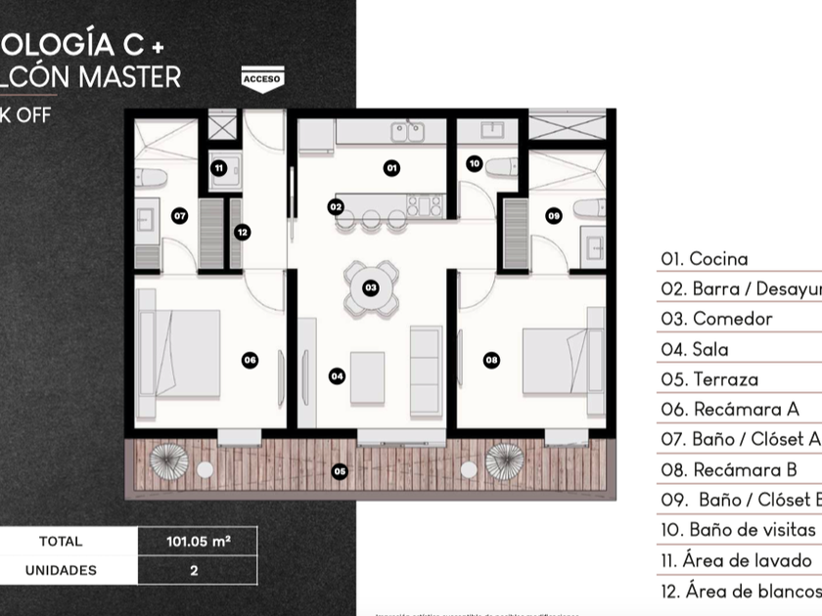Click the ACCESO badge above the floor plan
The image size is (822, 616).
260,79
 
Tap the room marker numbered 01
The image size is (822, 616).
391,168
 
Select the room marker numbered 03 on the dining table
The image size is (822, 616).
370,287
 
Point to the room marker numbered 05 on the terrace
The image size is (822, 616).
339,471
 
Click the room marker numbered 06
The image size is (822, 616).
250,360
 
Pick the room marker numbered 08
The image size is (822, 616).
491,360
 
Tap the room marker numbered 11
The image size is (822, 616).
219,168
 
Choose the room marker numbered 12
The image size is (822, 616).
242,232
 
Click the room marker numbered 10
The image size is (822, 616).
475,164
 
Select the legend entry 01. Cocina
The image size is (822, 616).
705,259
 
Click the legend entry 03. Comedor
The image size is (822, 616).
717,319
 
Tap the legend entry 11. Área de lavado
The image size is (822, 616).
736,561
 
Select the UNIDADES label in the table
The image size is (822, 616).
61,569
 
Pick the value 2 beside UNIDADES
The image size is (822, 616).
193,569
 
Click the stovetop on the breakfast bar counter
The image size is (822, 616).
425,205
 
